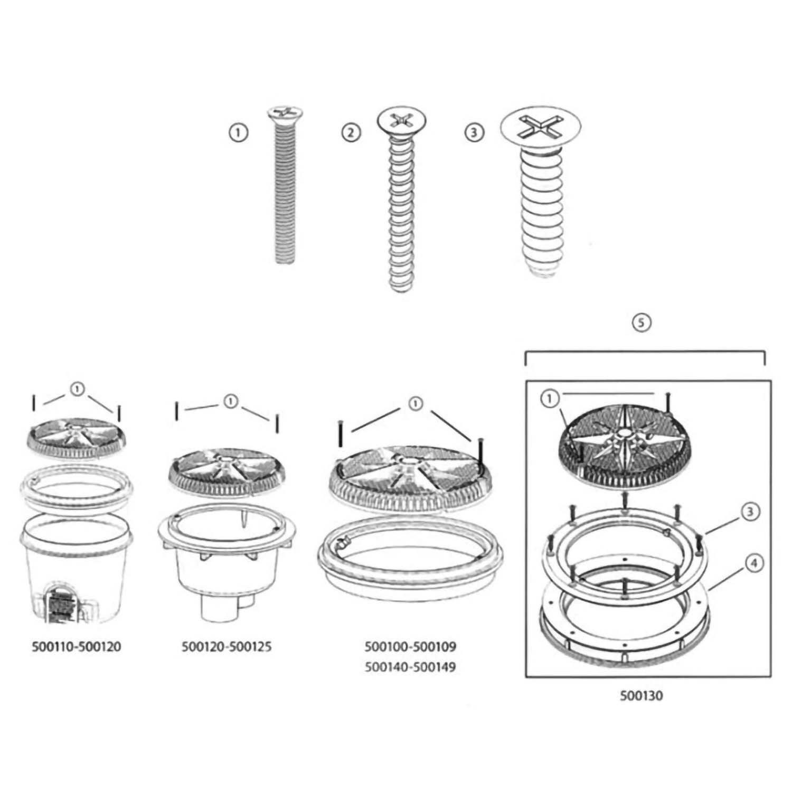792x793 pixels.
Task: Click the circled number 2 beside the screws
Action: click(350, 133)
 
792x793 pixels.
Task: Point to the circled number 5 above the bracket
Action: click(641, 323)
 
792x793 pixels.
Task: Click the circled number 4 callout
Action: click(753, 564)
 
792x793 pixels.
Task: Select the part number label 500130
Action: click(641, 695)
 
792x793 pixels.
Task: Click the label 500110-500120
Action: click(77, 646)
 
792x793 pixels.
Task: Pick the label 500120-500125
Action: click(227, 646)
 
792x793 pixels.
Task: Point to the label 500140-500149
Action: click(410, 667)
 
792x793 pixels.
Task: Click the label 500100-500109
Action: click(410, 646)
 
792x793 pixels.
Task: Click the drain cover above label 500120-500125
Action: click(227, 469)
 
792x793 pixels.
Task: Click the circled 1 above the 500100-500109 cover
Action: click(416, 404)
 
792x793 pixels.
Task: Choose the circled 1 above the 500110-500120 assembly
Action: click(77, 390)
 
